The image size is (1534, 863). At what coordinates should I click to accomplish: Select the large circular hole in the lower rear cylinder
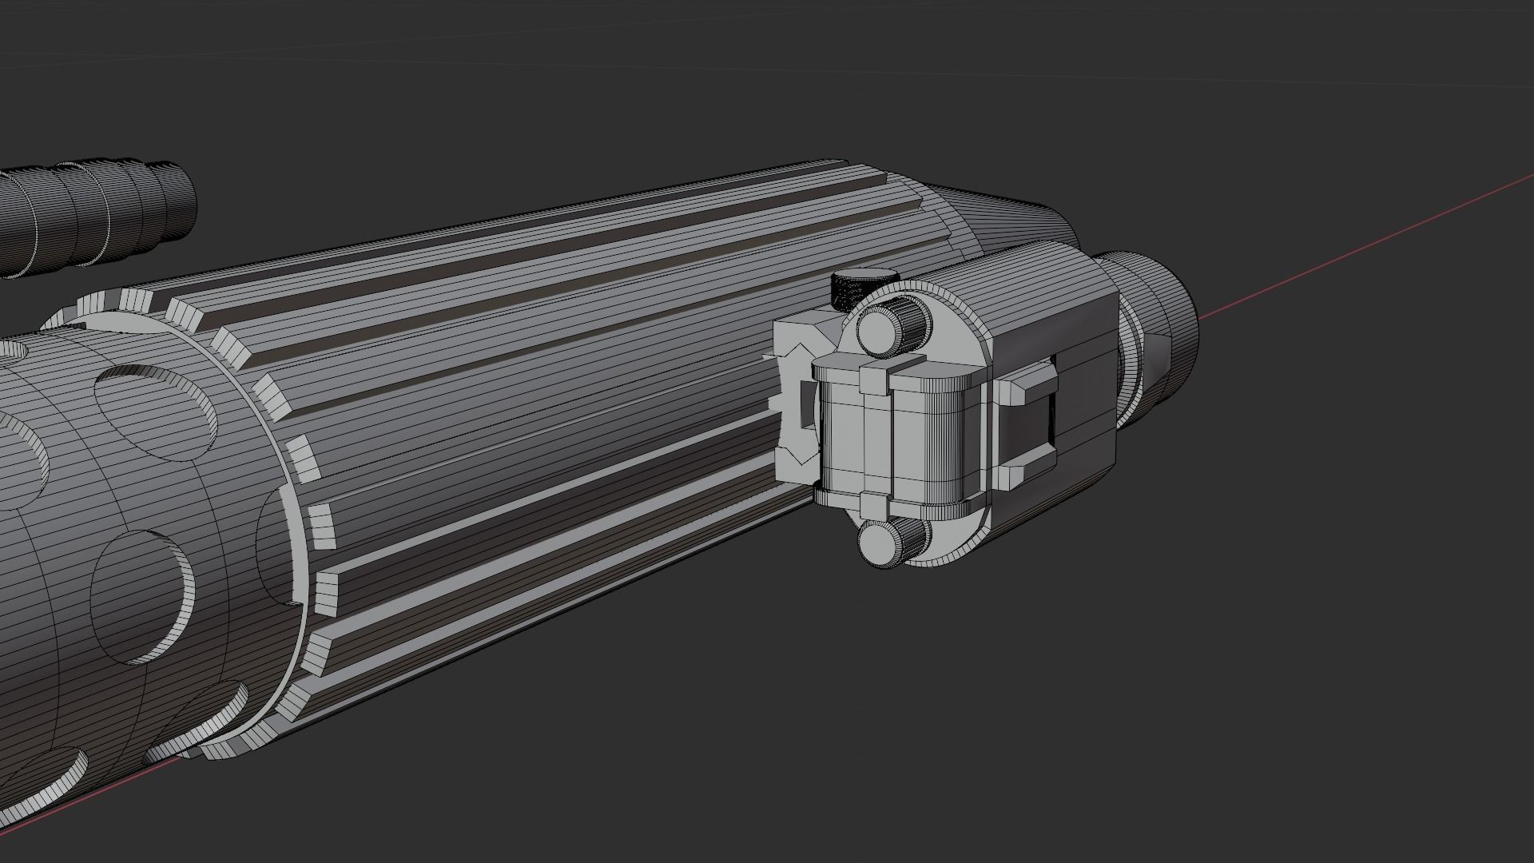tap(140, 595)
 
